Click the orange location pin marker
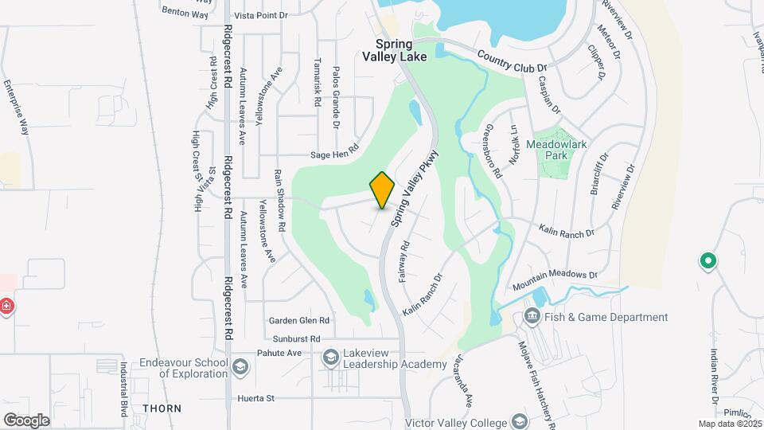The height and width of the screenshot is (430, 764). (x=383, y=190)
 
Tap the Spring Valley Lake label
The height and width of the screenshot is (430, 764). (x=395, y=50)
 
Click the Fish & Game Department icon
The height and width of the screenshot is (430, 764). (x=532, y=317)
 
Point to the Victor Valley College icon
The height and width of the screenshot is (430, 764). (x=520, y=420)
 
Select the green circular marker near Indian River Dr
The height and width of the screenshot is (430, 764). (x=706, y=260)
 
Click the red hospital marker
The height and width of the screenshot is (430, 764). (x=6, y=306)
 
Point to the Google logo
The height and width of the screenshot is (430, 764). (x=25, y=420)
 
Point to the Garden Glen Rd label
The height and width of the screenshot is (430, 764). (x=298, y=320)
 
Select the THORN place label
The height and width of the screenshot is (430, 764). (x=162, y=408)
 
